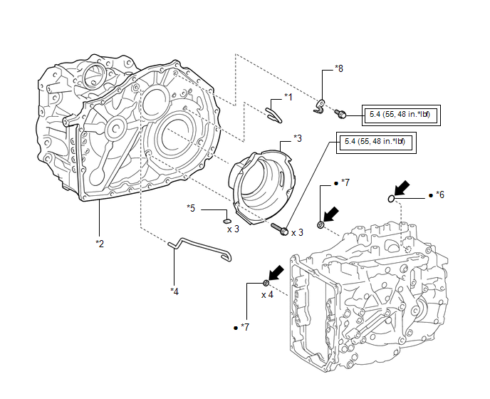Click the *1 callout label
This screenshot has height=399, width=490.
click(288, 96)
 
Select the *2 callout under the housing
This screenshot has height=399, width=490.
click(100, 244)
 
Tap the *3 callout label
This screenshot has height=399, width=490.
click(297, 138)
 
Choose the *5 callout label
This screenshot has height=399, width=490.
click(191, 208)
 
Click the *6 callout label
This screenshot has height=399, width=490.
click(440, 195)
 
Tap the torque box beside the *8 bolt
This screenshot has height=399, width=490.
click(402, 114)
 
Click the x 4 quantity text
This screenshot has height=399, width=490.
click(268, 294)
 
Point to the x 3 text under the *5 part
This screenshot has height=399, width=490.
click(233, 229)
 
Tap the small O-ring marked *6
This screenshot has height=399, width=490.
click(392, 197)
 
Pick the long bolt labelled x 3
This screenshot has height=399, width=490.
click(280, 230)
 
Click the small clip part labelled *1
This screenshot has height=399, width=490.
click(274, 110)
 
